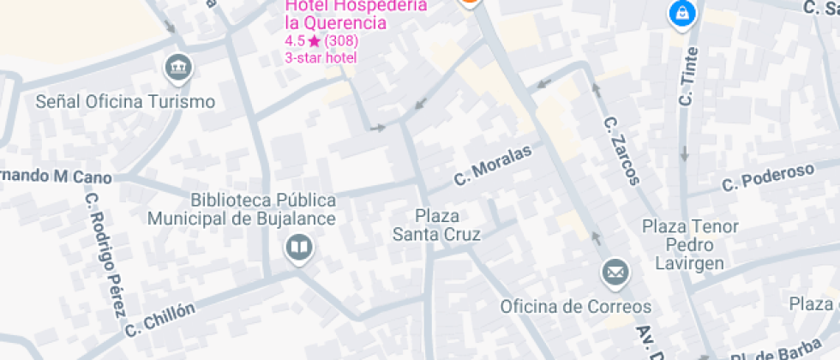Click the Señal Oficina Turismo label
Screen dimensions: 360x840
[x=125, y=102]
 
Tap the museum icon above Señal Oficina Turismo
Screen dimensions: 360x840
[x=177, y=68]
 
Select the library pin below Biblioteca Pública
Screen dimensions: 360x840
[x=299, y=249]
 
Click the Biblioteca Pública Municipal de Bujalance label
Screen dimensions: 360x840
[x=242, y=209]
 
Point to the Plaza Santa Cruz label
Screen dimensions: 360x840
[x=436, y=225]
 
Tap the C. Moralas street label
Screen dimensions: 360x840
[x=493, y=165]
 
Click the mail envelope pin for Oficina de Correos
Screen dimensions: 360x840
[x=615, y=273]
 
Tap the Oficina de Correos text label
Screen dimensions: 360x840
[x=576, y=307]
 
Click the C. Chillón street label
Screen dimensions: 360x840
[x=160, y=320]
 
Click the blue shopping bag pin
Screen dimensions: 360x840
[x=681, y=14]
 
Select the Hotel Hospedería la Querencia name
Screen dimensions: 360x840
[x=355, y=14]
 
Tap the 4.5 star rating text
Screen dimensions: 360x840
[x=321, y=40]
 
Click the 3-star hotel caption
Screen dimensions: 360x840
[x=321, y=57]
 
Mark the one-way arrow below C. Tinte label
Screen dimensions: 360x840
[x=684, y=154]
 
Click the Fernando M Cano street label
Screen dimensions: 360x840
[x=56, y=177]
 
